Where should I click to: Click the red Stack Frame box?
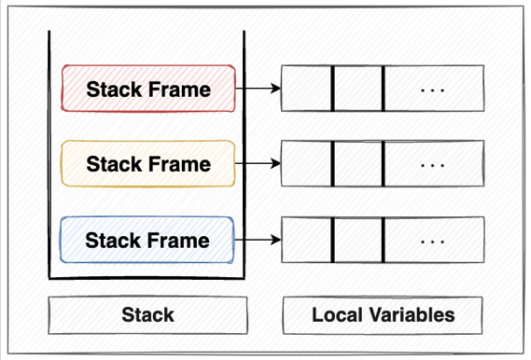pyautogui.click(x=148, y=90)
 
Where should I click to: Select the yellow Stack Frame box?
pyautogui.click(x=148, y=164)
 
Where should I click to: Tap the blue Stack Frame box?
pyautogui.click(x=148, y=241)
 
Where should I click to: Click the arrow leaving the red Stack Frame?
pyautogui.click(x=259, y=90)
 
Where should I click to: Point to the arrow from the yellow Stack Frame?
pyautogui.click(x=259, y=164)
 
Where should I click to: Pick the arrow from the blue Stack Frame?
pyautogui.click(x=259, y=241)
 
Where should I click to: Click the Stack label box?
pyautogui.click(x=147, y=315)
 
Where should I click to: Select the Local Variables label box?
pyautogui.click(x=383, y=315)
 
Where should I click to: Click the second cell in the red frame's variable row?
pyautogui.click(x=357, y=90)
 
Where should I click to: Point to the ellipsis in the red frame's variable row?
pyautogui.click(x=433, y=90)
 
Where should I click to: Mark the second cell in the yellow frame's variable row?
pyautogui.click(x=357, y=164)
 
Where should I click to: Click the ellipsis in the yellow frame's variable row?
pyautogui.click(x=433, y=164)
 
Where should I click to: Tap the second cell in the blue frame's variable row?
pyautogui.click(x=357, y=241)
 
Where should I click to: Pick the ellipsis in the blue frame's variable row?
pyautogui.click(x=433, y=241)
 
